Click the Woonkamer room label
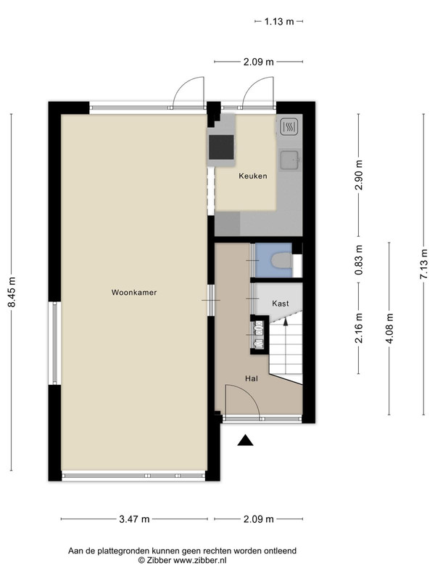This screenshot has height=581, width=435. point(134,293)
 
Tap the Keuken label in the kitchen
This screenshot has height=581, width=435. point(252,176)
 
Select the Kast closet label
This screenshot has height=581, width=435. point(280,304)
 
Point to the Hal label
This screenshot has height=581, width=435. point(252,378)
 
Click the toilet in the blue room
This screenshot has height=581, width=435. point(281,260)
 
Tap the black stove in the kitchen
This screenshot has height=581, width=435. point(221,147)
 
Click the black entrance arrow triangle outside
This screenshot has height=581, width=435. point(245,440)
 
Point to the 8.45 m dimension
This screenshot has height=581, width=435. point(12,292)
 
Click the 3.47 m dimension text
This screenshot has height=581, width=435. point(134,519)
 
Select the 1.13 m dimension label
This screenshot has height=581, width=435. point(279,22)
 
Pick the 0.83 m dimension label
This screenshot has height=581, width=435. point(358,260)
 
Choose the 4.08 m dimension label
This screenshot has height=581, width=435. point(389,328)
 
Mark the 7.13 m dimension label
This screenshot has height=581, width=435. point(424,264)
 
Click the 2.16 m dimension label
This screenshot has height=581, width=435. point(358,328)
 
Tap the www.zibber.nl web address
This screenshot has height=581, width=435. point(200,560)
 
